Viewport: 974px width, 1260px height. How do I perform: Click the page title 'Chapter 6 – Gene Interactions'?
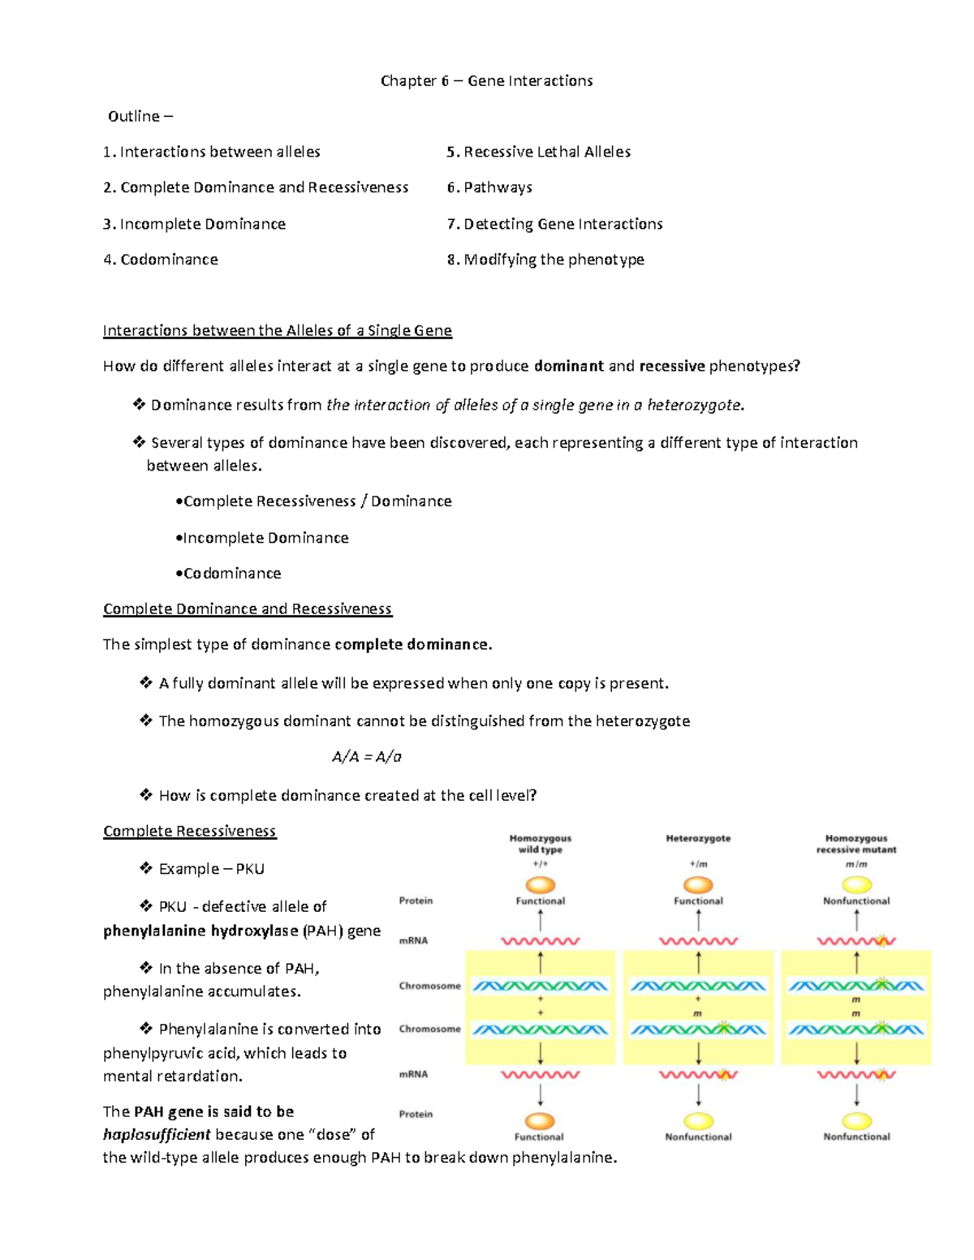[486, 81]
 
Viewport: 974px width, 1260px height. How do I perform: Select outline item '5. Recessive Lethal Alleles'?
[538, 152]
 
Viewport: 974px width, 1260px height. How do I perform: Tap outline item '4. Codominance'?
[161, 260]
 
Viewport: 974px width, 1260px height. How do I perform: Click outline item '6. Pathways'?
[489, 187]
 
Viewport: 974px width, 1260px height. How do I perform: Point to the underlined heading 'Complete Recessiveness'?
[189, 831]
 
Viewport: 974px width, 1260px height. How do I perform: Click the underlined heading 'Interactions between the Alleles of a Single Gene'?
[277, 330]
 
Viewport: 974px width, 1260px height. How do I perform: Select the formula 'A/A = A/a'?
[367, 757]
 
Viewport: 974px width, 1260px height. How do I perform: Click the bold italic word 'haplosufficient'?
[157, 1134]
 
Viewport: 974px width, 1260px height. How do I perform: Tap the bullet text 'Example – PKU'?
[211, 869]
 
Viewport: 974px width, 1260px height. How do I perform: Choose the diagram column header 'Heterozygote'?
[698, 838]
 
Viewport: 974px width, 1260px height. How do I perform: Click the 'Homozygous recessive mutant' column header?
[856, 844]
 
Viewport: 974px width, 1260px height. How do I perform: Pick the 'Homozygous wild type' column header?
[540, 844]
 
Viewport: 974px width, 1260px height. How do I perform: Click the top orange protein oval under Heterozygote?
[698, 884]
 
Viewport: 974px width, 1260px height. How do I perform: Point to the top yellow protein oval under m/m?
[856, 884]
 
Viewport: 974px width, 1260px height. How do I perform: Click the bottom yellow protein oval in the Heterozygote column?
[698, 1121]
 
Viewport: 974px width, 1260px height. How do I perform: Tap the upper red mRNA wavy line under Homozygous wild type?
[540, 942]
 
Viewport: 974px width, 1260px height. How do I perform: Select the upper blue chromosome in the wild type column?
[540, 987]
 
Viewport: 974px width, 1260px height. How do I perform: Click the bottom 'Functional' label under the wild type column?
[539, 1137]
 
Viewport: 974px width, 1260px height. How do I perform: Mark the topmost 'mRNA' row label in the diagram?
[413, 941]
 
